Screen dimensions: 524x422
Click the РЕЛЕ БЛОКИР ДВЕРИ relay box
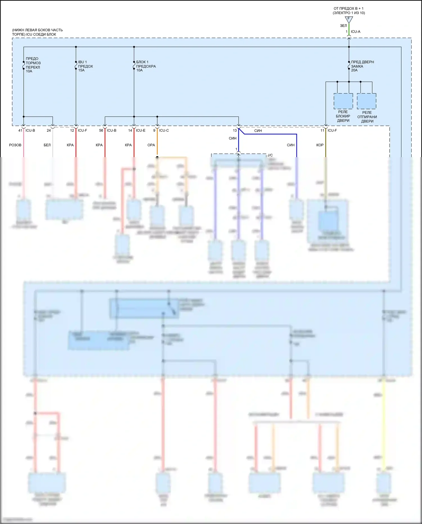(x=343, y=101)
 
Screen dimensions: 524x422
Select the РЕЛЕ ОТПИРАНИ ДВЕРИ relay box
(x=366, y=101)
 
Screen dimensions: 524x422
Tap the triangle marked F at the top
(x=349, y=19)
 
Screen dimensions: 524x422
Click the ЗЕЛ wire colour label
(x=343, y=26)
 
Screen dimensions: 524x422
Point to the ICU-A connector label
(x=355, y=32)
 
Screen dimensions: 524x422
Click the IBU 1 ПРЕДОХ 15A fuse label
(x=85, y=66)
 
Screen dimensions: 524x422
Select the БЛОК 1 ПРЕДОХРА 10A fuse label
(x=146, y=66)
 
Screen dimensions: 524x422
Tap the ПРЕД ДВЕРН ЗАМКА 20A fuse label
(x=362, y=66)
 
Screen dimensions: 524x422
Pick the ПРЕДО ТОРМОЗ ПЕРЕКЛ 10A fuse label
(x=33, y=65)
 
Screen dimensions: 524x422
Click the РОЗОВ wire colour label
(x=15, y=145)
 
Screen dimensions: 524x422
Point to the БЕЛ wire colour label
(x=47, y=145)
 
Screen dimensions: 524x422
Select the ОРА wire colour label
(x=151, y=145)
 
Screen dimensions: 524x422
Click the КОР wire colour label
(x=320, y=145)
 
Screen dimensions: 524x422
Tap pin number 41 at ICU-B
(x=20, y=130)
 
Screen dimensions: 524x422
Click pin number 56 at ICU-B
(x=101, y=130)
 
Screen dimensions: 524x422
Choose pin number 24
(x=49, y=130)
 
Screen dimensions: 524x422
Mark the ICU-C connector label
(x=164, y=130)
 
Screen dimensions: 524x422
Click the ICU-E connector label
(x=140, y=130)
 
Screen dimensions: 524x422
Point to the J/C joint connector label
(x=270, y=155)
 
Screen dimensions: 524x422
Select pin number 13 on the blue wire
(x=235, y=130)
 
